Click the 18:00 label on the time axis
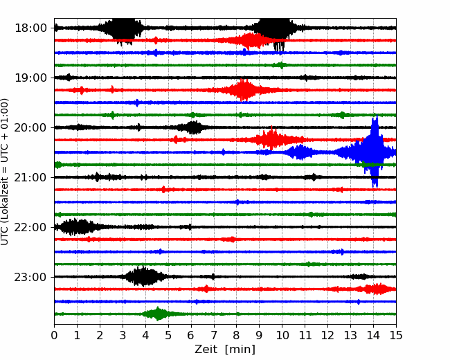tap(30, 28)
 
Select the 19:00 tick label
tap(30, 78)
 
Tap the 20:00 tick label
tap(30, 127)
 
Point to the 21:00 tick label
tap(30, 177)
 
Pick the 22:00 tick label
tap(30, 227)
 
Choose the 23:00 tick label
tap(30, 277)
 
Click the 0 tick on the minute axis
tap(54, 335)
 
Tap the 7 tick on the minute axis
tap(214, 335)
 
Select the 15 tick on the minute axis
tap(396, 335)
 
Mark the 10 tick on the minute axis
tap(282, 335)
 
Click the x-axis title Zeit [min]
tap(225, 350)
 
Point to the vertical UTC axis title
tap(5, 172)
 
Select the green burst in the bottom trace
tap(157, 314)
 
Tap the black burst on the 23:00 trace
tap(144, 276)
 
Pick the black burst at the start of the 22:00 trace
tap(76, 227)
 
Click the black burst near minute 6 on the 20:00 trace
tap(192, 127)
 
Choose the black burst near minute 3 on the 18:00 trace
tap(123, 28)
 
